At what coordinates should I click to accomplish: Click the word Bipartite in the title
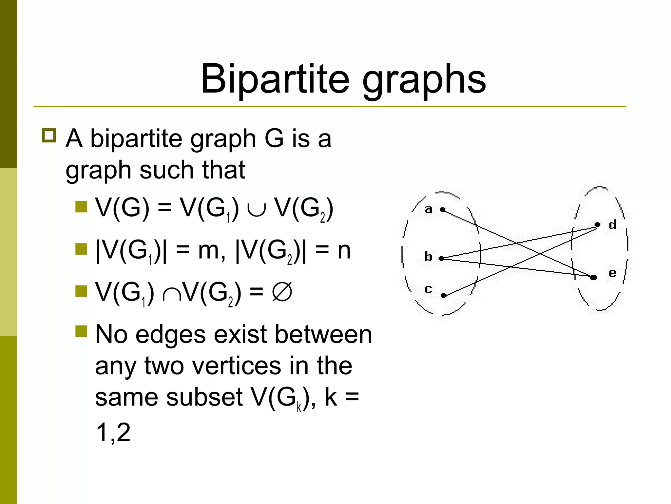click(275, 79)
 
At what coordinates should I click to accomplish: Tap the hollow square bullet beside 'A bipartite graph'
click(49, 135)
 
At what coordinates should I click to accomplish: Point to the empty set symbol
click(282, 292)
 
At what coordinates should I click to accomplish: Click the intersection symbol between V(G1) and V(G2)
click(171, 294)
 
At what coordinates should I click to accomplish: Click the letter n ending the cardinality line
click(344, 251)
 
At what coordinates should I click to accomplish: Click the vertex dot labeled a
click(443, 210)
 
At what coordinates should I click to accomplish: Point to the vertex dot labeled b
click(441, 259)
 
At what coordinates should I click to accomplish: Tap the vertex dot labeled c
click(444, 295)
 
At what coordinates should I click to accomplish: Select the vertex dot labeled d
click(597, 225)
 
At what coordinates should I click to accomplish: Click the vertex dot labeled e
click(593, 277)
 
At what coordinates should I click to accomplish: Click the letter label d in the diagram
click(612, 225)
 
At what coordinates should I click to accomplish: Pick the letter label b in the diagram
click(428, 256)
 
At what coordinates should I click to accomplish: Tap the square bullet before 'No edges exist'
click(81, 331)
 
